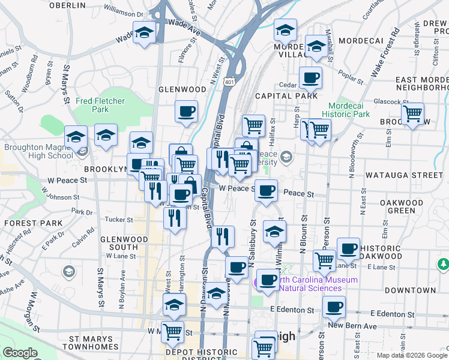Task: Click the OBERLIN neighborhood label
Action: pos(67,5)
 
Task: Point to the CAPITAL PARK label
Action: pos(286,96)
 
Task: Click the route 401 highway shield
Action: pos(229,81)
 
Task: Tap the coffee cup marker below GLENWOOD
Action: pos(187,111)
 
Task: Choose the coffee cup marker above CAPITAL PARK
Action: pos(310,77)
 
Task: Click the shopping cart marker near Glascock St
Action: pos(412,113)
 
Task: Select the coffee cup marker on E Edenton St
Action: pos(334,307)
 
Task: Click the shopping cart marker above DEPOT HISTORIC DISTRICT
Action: pos(172,331)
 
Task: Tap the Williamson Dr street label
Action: pos(124,11)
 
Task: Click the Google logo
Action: pos(20,353)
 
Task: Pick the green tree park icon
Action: pos(443,264)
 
